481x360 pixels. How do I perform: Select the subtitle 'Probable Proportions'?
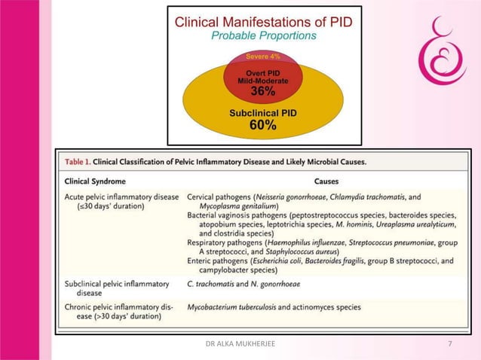click(x=262, y=35)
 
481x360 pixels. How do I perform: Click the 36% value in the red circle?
click(x=262, y=91)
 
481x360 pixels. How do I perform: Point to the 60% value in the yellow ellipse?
click(x=262, y=126)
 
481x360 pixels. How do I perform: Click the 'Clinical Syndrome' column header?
click(x=95, y=182)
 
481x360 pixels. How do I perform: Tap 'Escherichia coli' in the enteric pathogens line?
click(x=280, y=261)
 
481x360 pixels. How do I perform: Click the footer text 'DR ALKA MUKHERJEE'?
click(x=240, y=344)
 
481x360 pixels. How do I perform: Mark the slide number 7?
click(x=450, y=344)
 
